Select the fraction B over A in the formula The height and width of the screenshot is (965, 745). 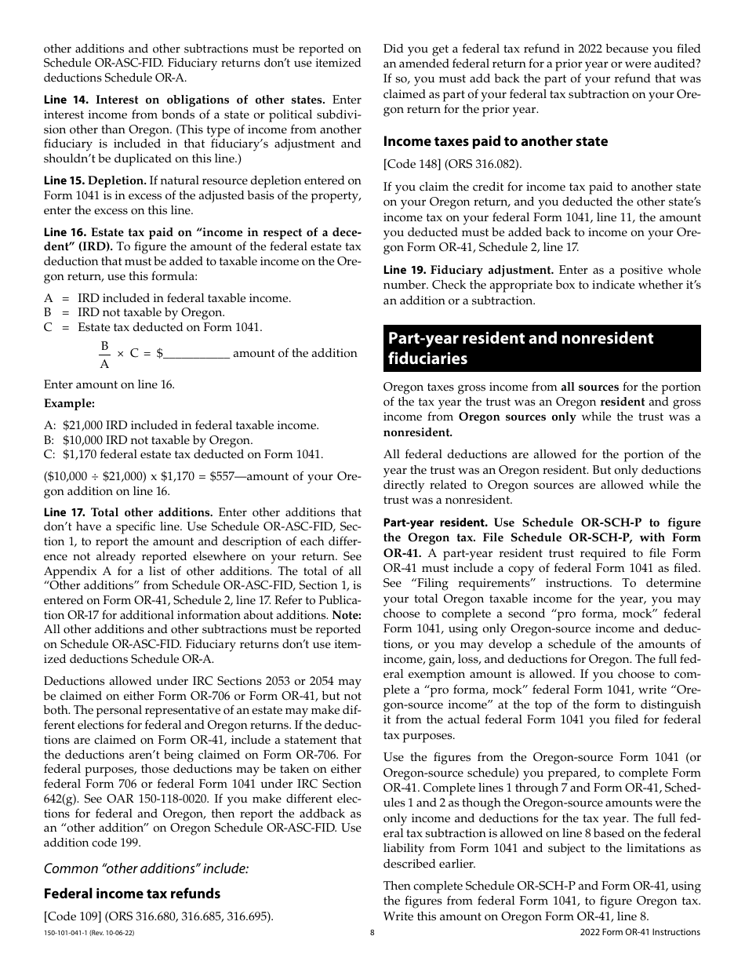[104, 354]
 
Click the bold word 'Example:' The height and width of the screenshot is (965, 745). [69, 403]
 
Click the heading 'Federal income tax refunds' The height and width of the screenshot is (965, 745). [132, 894]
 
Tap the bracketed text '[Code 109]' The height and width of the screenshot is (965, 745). [71, 916]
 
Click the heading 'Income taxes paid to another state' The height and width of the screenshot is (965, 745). [495, 141]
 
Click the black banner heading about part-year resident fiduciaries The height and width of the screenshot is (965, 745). [542, 348]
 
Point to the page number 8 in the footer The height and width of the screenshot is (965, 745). [372, 933]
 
